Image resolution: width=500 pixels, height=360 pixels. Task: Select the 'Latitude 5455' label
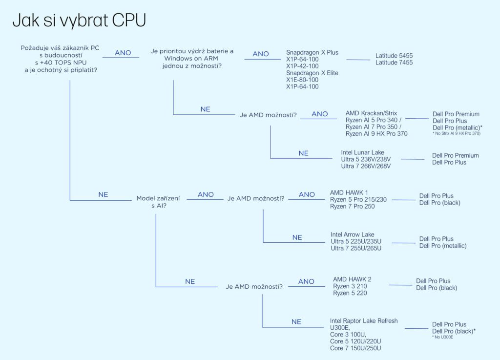point(394,56)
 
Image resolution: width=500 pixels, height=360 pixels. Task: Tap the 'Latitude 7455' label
point(394,63)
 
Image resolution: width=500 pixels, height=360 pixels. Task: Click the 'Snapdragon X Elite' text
point(312,73)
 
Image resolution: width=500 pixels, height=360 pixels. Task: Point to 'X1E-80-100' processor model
point(302,80)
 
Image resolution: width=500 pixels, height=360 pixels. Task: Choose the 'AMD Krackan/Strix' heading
point(371,113)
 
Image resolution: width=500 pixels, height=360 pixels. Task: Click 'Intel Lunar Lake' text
point(363,152)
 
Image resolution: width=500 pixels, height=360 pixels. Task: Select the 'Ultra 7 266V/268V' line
point(366,166)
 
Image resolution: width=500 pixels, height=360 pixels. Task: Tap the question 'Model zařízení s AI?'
point(158,202)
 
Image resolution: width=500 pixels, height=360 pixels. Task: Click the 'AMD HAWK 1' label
point(349,192)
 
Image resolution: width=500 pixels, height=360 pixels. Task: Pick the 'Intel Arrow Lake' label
point(353,234)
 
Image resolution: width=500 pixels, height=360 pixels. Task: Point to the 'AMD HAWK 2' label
point(352,279)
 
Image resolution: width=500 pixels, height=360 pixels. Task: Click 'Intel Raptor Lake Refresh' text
point(364,321)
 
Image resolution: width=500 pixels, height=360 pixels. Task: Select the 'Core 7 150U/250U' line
point(355,348)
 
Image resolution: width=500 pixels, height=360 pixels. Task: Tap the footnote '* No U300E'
point(442,337)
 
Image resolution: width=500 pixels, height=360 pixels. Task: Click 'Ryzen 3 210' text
point(350,286)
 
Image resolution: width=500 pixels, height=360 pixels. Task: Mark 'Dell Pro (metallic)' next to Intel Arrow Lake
point(443,246)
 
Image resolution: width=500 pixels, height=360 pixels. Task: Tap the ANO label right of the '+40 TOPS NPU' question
point(123,53)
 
